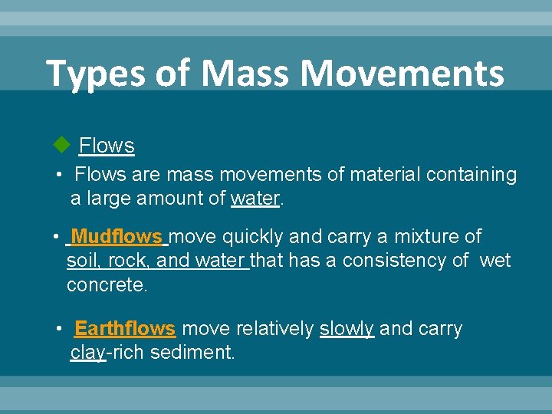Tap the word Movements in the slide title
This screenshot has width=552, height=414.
(x=402, y=74)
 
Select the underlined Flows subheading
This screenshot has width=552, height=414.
(x=107, y=145)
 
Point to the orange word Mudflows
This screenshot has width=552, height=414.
(x=117, y=237)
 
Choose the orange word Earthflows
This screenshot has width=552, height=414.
(x=125, y=329)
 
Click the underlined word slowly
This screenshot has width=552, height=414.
(x=347, y=329)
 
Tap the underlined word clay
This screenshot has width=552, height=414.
(x=88, y=353)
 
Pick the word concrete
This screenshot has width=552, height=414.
(x=107, y=284)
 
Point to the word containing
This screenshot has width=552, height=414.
(x=472, y=175)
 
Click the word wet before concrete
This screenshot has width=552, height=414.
(x=495, y=261)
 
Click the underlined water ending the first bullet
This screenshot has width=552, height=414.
(x=255, y=199)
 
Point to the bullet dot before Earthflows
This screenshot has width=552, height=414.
(x=60, y=329)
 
